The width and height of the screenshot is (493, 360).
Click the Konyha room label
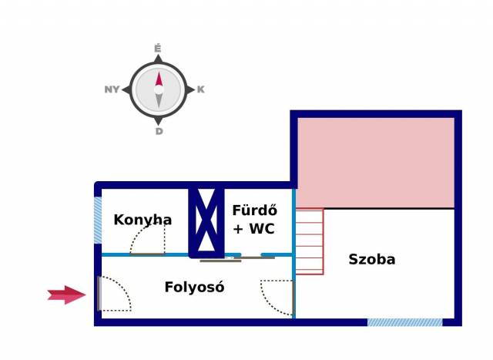(143, 220)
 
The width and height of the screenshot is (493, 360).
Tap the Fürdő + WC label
(254, 219)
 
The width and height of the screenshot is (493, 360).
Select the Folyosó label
(194, 288)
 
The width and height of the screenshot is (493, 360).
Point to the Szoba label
(371, 259)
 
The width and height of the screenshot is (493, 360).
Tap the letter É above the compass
(158, 49)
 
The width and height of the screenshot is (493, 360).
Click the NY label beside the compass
(112, 89)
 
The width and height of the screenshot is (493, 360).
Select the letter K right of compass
(201, 89)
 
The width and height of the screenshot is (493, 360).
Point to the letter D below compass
(159, 131)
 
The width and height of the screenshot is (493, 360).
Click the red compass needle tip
(159, 77)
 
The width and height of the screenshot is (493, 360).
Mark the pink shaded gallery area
(375, 162)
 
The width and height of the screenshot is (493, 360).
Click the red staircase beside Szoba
(309, 241)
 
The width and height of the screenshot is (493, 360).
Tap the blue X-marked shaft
(206, 220)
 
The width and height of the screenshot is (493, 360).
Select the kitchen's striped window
(98, 220)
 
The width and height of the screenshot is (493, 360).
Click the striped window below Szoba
(404, 322)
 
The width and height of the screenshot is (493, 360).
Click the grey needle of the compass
(159, 100)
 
